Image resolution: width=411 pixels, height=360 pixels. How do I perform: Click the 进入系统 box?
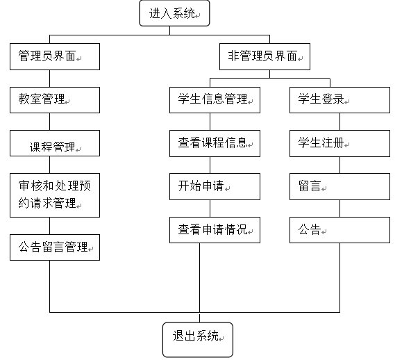click(174, 13)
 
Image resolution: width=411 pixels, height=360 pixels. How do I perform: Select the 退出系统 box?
click(198, 340)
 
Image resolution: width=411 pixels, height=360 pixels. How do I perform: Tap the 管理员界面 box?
click(55, 57)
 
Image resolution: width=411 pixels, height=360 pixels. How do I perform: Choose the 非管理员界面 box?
click(265, 57)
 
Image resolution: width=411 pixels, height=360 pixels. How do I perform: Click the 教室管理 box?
click(55, 100)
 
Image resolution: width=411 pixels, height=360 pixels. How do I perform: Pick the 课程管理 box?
click(55, 143)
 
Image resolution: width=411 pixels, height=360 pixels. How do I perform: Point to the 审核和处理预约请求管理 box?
click(55, 195)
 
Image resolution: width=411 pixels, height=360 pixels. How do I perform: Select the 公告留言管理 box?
click(55, 247)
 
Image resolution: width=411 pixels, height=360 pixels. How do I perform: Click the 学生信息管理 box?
click(215, 100)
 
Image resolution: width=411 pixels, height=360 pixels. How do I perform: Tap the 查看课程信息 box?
click(215, 144)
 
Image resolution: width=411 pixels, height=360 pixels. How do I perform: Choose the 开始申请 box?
click(215, 186)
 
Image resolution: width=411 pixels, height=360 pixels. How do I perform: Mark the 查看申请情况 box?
click(215, 230)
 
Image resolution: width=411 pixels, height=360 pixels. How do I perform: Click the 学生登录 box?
click(339, 100)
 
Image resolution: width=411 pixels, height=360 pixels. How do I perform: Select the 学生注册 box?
click(339, 144)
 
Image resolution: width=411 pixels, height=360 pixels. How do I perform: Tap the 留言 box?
click(339, 186)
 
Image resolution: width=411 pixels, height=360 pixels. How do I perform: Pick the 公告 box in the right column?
click(339, 230)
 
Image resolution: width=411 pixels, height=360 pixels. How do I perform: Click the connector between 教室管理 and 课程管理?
click(49, 122)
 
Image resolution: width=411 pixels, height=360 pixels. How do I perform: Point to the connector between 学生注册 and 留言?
click(340, 165)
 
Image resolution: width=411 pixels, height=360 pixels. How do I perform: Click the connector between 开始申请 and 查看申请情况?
click(210, 208)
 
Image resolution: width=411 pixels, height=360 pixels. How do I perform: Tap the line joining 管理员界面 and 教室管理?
click(49, 79)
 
